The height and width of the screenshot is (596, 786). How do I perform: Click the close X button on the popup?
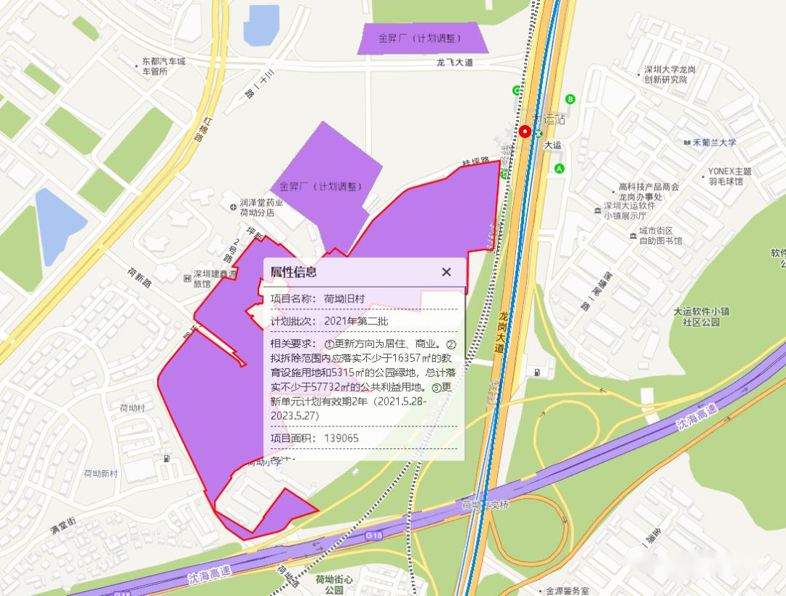point(446,272)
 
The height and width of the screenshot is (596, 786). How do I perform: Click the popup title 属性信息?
point(293,272)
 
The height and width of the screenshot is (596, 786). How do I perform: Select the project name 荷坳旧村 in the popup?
point(344,299)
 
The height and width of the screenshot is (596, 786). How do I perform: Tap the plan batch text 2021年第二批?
point(357,322)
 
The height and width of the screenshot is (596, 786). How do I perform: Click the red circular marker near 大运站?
point(525,132)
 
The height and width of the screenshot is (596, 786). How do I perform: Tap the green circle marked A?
point(560,169)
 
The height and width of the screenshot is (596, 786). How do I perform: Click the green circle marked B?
point(571,99)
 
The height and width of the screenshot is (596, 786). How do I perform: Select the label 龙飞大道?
point(455,63)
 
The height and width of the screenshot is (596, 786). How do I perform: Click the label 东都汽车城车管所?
point(163,66)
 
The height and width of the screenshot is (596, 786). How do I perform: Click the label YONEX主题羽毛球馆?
point(729,176)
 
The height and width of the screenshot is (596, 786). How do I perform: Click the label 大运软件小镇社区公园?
point(701,317)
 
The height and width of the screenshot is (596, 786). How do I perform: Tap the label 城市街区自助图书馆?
point(660,236)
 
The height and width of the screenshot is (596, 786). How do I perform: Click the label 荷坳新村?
point(100,473)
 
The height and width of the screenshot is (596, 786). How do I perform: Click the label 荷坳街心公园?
point(334,584)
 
